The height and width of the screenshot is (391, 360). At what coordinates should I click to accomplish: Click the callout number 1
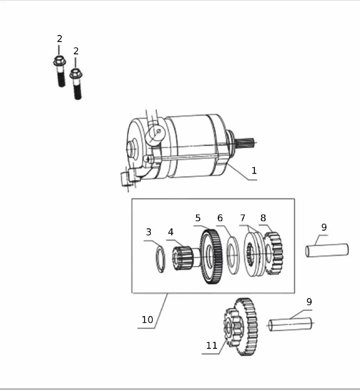[x=254, y=170]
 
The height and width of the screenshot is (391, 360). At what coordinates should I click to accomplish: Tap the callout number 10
[x=147, y=319]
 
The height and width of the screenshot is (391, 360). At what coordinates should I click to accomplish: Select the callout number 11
[x=212, y=345]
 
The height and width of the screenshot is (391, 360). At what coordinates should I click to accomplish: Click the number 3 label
[x=148, y=232]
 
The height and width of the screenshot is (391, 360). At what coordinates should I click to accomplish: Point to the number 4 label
[x=170, y=232]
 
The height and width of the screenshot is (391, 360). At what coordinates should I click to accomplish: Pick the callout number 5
[x=198, y=218]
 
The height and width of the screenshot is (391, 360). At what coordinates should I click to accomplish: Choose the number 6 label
[x=220, y=218]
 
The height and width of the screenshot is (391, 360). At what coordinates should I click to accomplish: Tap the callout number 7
[x=243, y=218]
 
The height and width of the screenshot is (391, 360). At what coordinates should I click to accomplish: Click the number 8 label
[x=263, y=218]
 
